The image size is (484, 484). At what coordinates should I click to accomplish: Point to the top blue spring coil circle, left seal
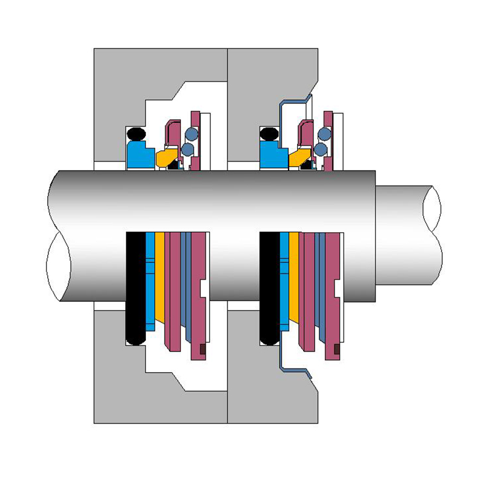191,134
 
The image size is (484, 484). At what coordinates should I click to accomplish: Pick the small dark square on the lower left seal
203,349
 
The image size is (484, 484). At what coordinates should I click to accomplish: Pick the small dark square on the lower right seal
336,349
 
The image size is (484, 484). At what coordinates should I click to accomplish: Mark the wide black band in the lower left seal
135,284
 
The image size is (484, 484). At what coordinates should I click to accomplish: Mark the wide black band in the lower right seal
269,284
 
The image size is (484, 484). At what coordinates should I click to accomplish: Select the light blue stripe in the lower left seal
150,278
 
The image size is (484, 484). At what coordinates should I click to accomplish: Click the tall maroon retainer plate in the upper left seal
195,139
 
